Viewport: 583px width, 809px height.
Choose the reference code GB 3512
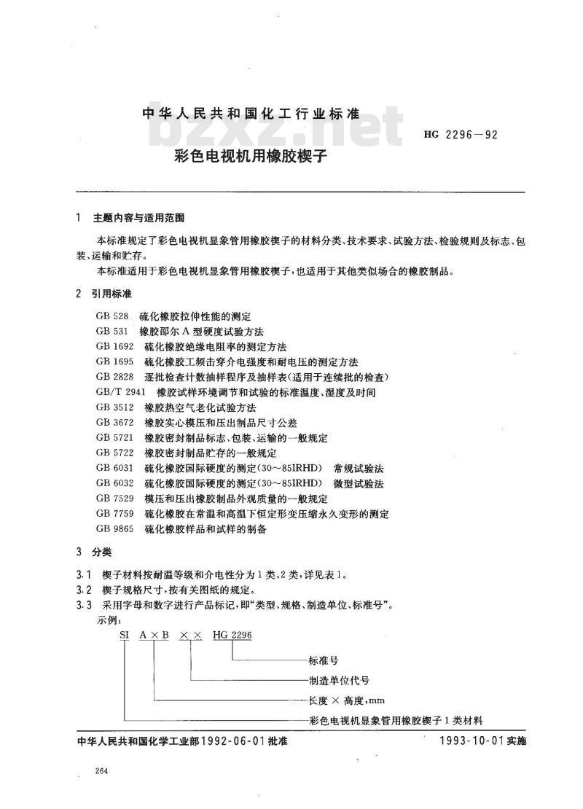coord(113,407)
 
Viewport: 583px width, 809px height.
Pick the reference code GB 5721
coord(113,438)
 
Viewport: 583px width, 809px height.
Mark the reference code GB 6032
coord(113,484)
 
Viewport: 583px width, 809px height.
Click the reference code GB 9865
coord(113,530)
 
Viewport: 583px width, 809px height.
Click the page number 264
coord(101,772)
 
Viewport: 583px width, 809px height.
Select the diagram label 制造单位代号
coord(340,680)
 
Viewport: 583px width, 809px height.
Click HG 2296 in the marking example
coord(232,636)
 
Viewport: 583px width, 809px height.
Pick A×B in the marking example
coord(154,636)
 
